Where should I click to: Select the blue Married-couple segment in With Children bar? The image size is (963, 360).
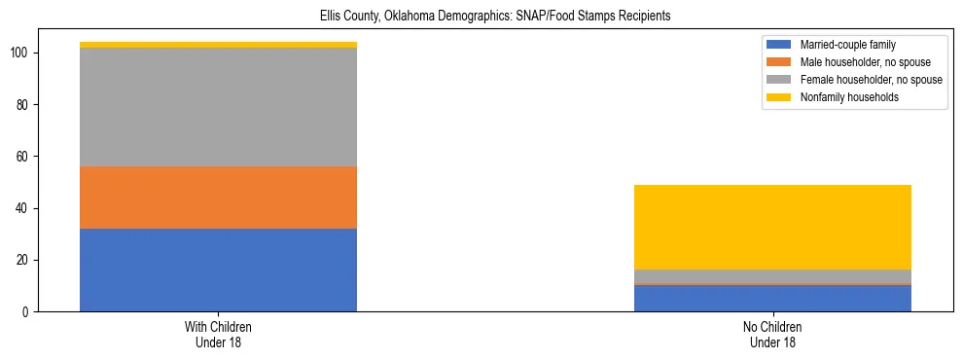218,270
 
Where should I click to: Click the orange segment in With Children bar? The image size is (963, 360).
218,198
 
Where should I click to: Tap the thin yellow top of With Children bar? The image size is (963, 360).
218,45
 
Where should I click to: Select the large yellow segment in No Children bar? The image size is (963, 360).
772,227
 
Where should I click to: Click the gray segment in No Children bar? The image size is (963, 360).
772,276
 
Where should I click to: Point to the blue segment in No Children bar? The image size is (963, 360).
772,299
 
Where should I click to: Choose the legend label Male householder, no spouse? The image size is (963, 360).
858,62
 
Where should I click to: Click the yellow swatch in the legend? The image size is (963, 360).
779,97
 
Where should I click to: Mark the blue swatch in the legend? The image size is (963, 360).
779,45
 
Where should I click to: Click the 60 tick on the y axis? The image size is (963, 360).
22,157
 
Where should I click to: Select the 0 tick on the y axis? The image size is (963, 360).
26,312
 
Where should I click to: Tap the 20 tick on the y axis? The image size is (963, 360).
22,261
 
